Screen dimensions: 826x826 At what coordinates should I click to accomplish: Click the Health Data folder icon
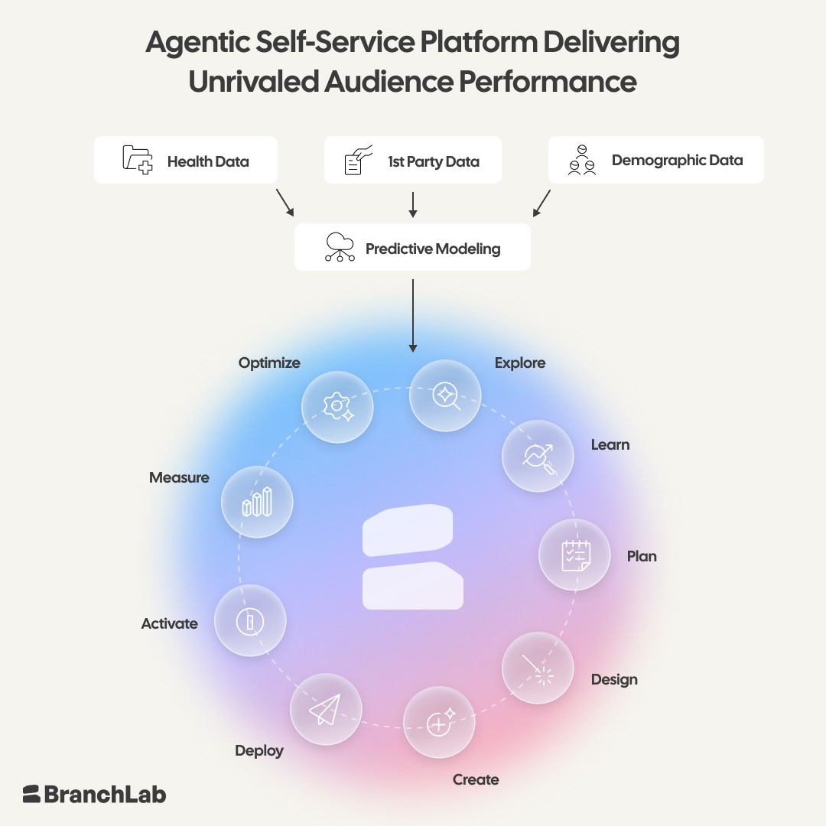138,160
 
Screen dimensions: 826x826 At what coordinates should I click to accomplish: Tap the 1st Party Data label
434,161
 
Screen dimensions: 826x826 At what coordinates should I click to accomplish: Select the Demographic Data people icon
582,160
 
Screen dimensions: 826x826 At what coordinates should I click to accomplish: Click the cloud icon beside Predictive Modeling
340,247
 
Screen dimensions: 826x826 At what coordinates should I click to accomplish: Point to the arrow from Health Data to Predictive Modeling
285,203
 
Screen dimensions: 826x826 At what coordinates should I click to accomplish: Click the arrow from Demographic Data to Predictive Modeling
541,203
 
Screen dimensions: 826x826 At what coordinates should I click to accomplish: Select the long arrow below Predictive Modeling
413,316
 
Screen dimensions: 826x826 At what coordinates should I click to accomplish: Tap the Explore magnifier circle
445,395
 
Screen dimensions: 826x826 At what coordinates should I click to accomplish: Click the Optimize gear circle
337,407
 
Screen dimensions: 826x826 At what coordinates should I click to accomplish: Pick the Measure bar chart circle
257,502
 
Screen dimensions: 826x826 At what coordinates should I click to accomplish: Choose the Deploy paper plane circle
326,709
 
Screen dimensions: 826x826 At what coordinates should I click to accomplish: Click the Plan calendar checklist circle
574,554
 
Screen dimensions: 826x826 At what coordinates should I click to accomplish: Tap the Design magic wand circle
538,668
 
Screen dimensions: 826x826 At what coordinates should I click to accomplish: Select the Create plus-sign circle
439,722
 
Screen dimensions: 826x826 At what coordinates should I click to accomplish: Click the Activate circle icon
250,620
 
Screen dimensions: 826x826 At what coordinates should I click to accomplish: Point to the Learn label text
610,444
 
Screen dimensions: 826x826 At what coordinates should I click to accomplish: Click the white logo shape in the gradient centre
413,557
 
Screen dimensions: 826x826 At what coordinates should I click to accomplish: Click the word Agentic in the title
197,43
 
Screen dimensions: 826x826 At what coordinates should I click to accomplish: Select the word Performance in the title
548,82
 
